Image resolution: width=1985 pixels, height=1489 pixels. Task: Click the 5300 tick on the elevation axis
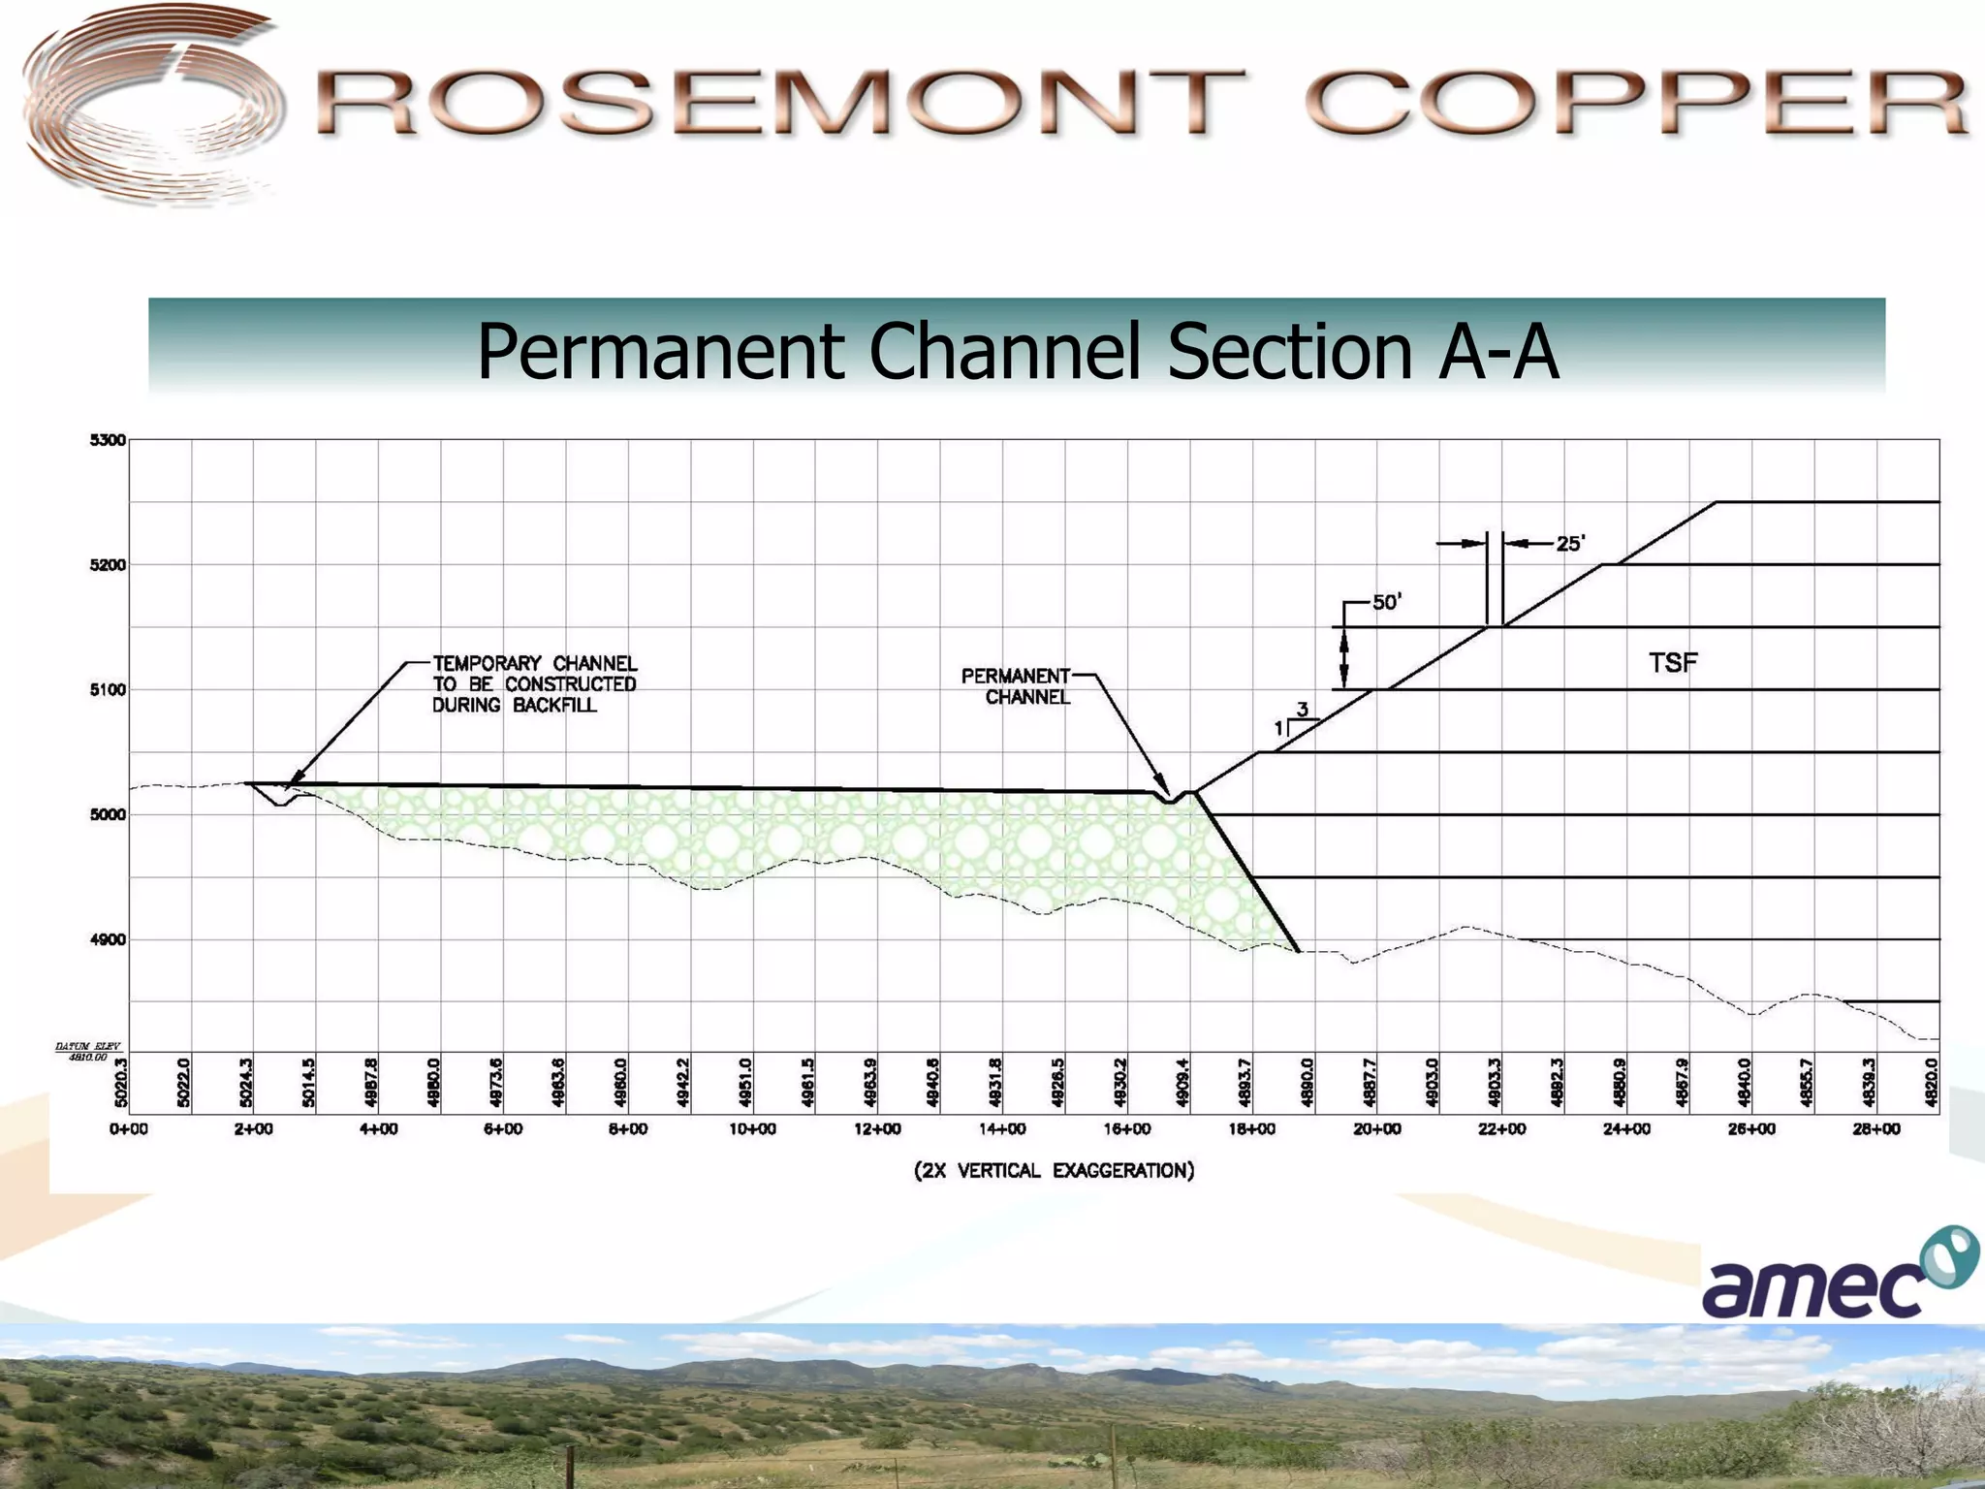point(109,440)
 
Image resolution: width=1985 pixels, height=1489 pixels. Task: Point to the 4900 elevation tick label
point(109,939)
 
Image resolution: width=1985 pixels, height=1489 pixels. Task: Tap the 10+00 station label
point(753,1129)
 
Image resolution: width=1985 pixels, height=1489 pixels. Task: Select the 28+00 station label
point(1876,1129)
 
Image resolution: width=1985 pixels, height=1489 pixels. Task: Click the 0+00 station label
point(129,1129)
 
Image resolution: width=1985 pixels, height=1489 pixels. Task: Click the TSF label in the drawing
point(1673,663)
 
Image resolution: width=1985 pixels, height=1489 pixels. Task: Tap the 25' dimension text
point(1570,544)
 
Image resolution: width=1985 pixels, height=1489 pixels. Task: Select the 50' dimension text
point(1386,602)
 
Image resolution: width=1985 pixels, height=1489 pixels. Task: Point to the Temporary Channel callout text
point(534,683)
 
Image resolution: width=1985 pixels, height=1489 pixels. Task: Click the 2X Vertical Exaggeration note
point(1055,1171)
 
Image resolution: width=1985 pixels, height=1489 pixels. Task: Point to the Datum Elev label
point(87,1051)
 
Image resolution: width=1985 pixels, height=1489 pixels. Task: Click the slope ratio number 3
point(1303,710)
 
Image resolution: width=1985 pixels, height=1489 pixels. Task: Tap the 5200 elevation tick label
point(109,565)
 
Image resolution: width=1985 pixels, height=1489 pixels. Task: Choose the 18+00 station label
point(1252,1129)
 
